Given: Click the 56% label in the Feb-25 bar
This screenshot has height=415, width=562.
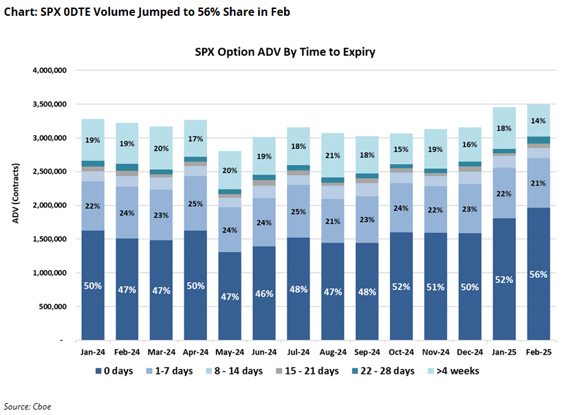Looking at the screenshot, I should click(x=539, y=274).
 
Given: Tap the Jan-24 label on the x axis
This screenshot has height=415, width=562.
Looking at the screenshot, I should click(x=92, y=352).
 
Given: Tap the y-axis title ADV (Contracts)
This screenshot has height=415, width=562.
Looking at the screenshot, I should click(x=15, y=205).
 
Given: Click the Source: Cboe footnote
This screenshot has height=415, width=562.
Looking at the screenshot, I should click(x=28, y=406).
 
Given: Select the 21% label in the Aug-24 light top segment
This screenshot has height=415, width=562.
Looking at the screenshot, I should click(x=333, y=155).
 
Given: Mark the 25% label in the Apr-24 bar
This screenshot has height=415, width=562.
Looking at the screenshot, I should click(x=195, y=203).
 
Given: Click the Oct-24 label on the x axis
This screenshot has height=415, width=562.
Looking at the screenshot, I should click(x=401, y=352).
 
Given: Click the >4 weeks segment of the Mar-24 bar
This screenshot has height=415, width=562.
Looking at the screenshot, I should click(x=161, y=147).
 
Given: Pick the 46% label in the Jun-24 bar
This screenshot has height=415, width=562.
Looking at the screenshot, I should click(x=264, y=293).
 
